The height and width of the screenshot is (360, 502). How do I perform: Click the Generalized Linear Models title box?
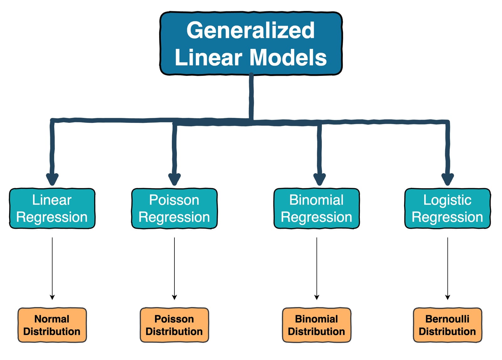click(x=251, y=44)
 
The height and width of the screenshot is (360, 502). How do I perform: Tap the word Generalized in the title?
click(x=250, y=30)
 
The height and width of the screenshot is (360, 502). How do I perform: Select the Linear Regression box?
click(x=52, y=209)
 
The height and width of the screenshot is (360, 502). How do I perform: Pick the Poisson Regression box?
click(x=174, y=209)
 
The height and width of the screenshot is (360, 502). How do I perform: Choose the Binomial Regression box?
click(x=317, y=209)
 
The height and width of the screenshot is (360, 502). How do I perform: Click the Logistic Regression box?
click(x=447, y=209)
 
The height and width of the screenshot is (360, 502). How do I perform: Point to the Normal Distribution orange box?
click(x=52, y=325)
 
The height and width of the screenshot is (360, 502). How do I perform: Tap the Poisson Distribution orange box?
click(x=174, y=325)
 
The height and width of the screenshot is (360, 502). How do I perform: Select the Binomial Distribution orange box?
click(x=317, y=325)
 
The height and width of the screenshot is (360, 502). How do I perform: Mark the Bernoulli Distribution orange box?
click(x=447, y=325)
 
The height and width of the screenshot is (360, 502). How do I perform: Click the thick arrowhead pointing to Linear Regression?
click(x=52, y=179)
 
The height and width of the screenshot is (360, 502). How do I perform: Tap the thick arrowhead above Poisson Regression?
click(x=174, y=179)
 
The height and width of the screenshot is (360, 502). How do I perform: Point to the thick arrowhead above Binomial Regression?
click(x=320, y=179)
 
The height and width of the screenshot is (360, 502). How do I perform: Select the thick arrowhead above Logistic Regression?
click(x=448, y=179)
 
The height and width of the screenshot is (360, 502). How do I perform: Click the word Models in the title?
click(x=288, y=58)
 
